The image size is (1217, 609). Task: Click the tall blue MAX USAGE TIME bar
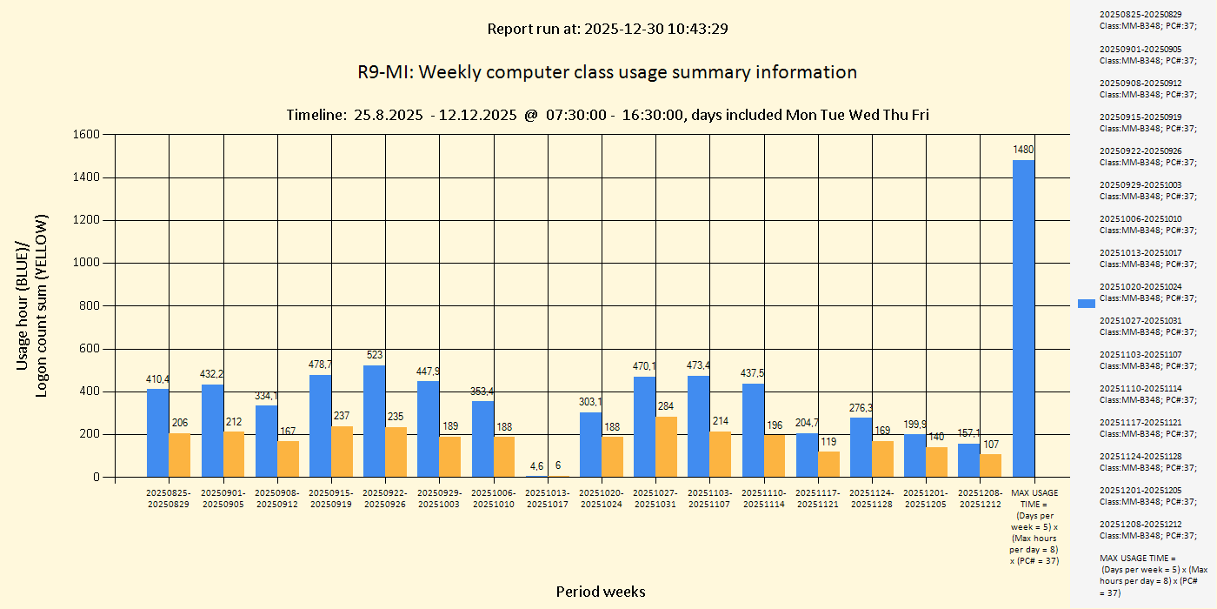click(x=1023, y=318)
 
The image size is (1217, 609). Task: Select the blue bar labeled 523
click(x=374, y=421)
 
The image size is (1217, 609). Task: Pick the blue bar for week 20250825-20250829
click(x=157, y=432)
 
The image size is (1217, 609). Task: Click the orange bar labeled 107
click(x=991, y=465)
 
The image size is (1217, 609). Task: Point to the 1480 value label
click(x=1023, y=150)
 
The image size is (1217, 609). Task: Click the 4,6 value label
click(x=537, y=465)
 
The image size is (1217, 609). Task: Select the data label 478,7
click(x=321, y=365)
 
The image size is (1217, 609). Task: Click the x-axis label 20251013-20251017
click(x=549, y=499)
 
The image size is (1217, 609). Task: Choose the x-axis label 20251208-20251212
click(x=980, y=499)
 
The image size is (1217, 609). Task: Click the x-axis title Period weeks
click(x=601, y=592)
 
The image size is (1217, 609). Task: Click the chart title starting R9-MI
click(x=607, y=72)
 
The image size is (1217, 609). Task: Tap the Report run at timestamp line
click(x=607, y=29)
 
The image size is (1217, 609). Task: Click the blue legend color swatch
click(x=1087, y=304)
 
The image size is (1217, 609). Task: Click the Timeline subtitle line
click(x=607, y=115)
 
